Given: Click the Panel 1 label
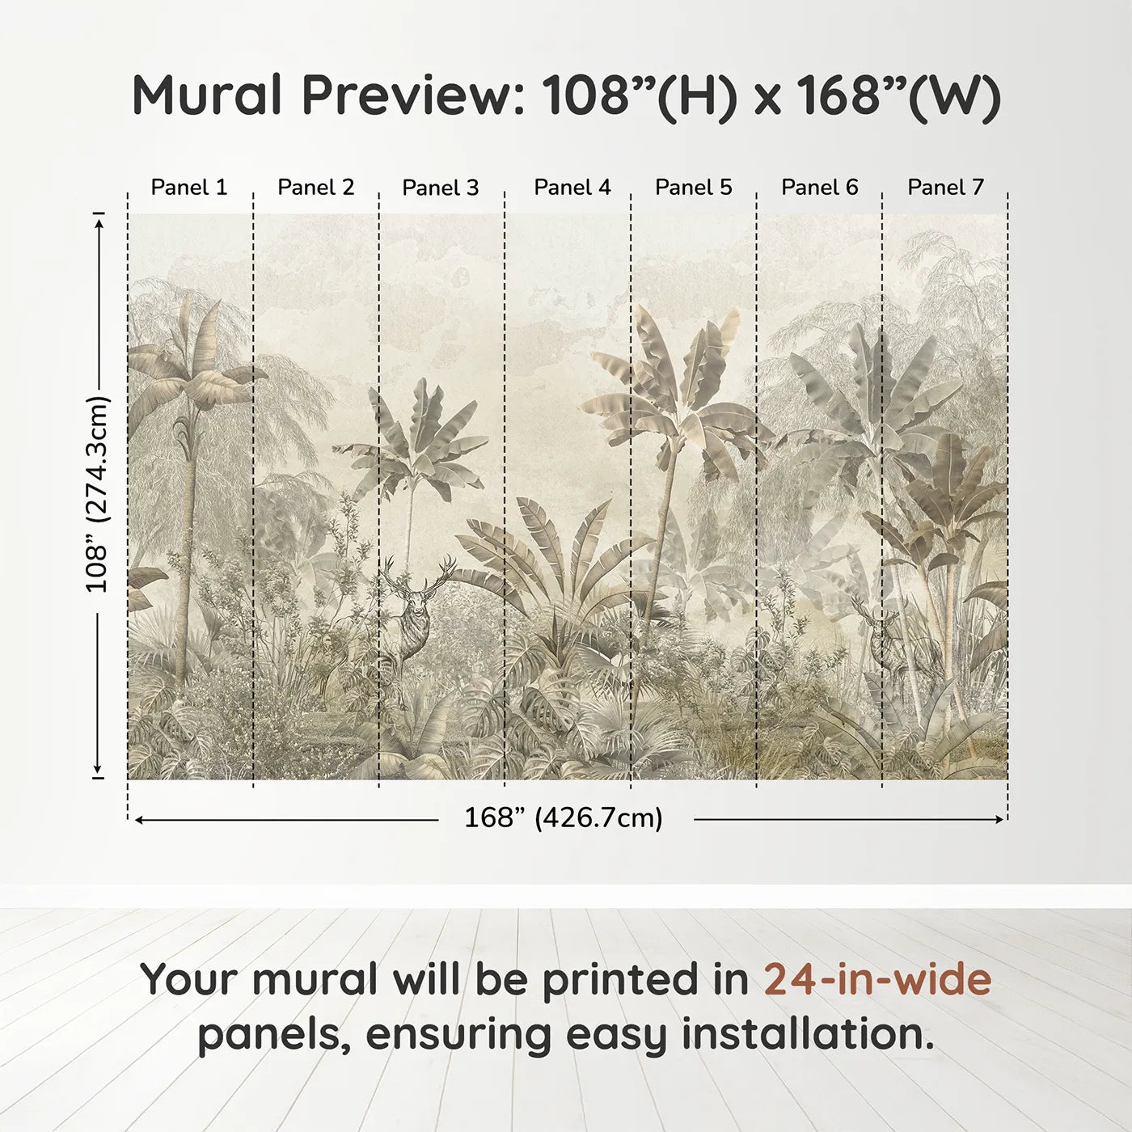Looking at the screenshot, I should point(189,188).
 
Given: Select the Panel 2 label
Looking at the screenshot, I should point(315,188).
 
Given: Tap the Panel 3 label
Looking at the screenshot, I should point(441,188).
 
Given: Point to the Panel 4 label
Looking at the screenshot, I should point(572,188).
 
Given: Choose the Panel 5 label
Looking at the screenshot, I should point(694,188).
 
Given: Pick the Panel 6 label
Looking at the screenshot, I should point(820,188).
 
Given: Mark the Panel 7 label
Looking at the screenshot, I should point(945,188).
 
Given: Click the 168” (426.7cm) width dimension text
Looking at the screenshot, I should point(564,818).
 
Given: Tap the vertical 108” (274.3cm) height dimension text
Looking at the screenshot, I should point(97,495).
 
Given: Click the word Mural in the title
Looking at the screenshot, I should point(207,95).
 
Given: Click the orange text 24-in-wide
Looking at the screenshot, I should point(877,979).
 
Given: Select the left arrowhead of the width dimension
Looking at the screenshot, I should point(139,820).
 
